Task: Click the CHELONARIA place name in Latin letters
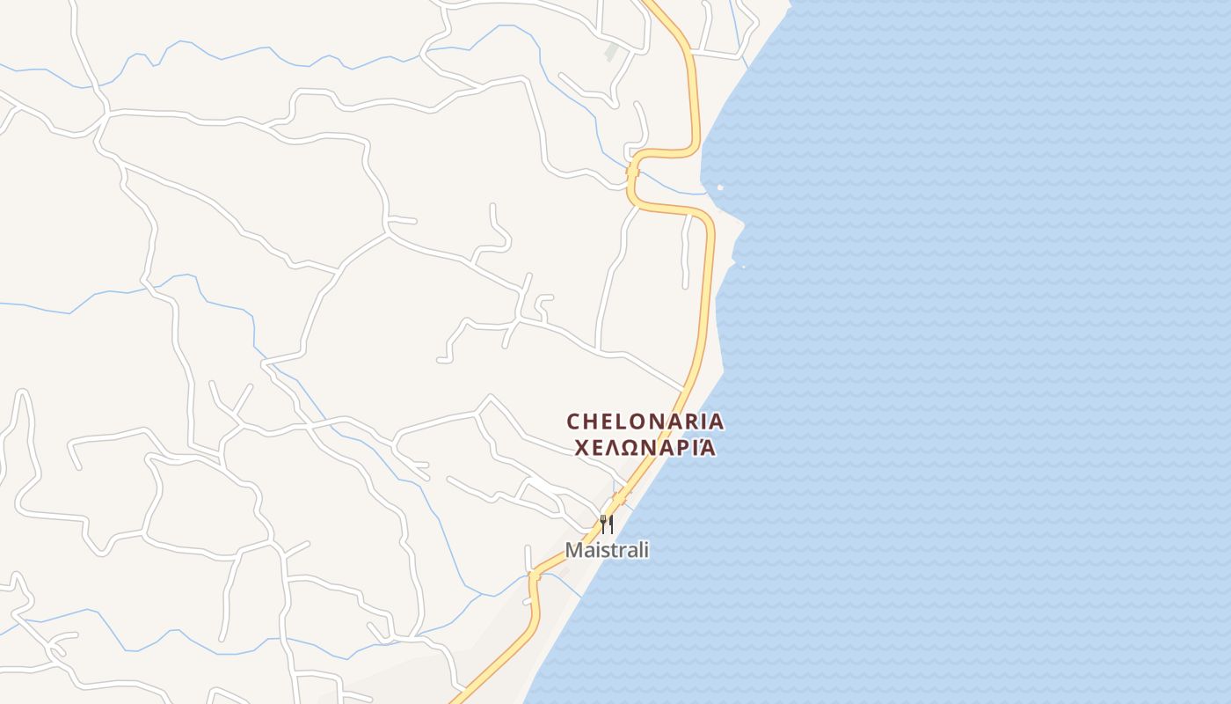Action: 645,422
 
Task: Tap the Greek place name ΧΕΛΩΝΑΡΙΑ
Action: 645,448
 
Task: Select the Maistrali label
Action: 607,550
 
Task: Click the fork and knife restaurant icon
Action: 607,524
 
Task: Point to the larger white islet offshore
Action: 720,187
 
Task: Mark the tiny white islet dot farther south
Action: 744,266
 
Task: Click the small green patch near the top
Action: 612,53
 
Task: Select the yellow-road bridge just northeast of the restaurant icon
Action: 621,498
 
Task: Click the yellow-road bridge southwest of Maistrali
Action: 533,576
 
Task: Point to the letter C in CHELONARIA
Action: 574,422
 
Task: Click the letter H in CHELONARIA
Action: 591,422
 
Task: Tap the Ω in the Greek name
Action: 628,448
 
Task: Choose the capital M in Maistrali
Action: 573,550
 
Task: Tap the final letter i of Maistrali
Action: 646,550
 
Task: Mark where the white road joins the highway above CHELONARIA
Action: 685,388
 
